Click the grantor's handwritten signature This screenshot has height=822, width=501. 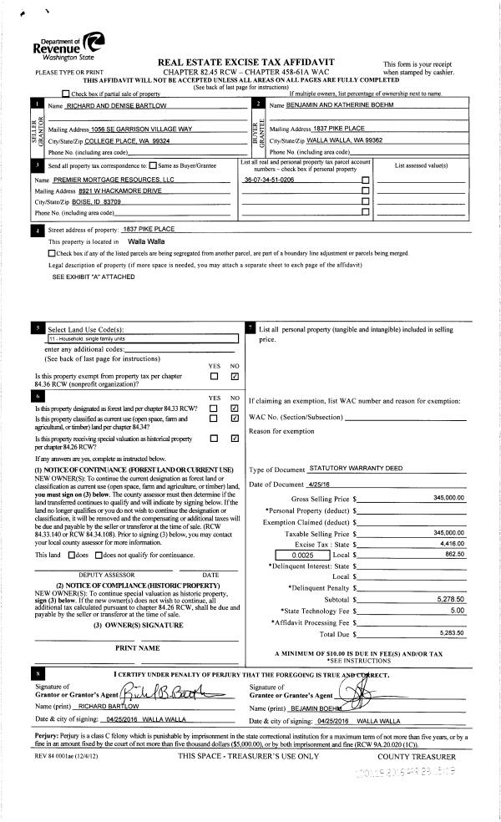(x=167, y=690)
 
